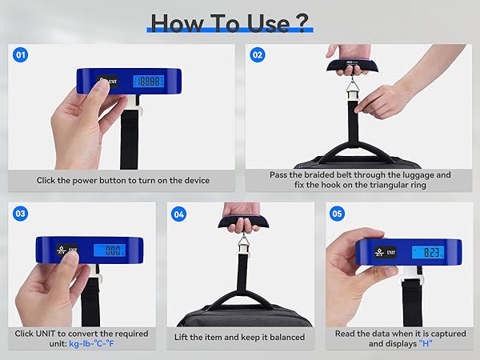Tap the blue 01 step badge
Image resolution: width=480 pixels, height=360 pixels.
coord(21,55)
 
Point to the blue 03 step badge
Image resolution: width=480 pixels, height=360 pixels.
coord(21,214)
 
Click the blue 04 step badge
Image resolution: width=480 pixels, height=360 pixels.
coord(178,214)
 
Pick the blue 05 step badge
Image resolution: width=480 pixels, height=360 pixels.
coord(337,214)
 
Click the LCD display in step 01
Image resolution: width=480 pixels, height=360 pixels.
coord(148,81)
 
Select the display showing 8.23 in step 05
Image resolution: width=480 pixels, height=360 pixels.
coord(430,252)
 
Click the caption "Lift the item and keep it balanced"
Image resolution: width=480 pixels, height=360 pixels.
coord(239,338)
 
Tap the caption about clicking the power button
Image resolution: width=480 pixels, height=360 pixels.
coord(122,181)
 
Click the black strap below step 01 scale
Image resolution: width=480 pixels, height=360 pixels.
coord(129,140)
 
